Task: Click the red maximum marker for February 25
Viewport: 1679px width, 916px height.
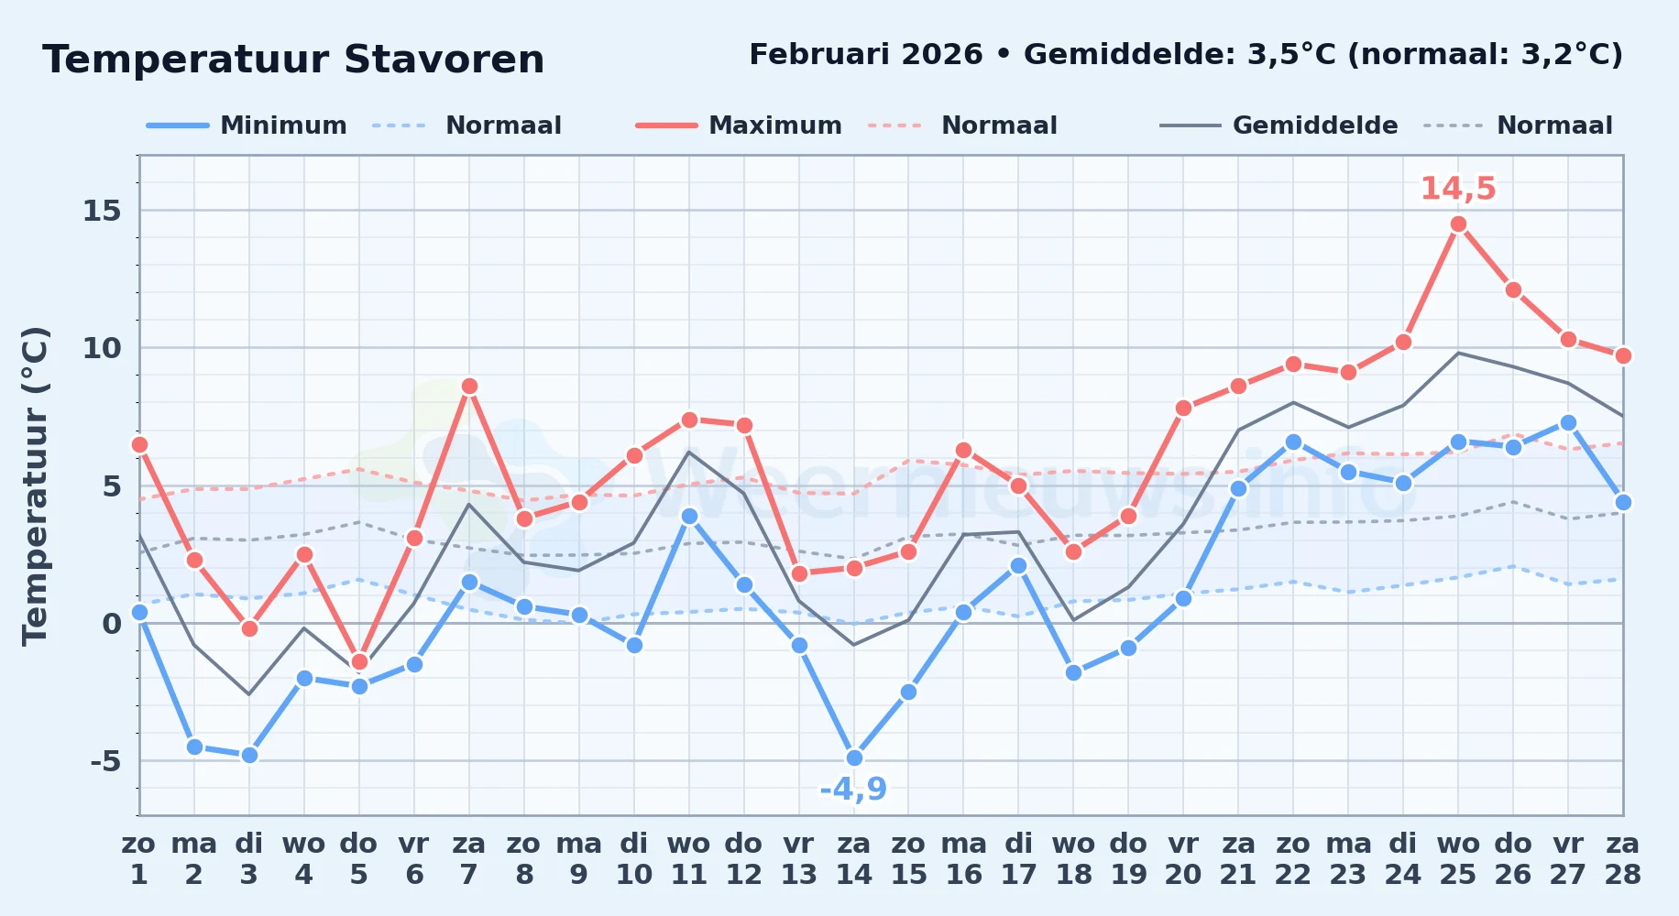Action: (1458, 224)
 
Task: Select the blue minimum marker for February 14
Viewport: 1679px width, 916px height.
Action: (854, 758)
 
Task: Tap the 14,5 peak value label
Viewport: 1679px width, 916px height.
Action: (1458, 189)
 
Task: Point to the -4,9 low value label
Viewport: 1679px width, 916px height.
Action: (853, 789)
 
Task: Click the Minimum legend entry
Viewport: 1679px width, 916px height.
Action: (247, 125)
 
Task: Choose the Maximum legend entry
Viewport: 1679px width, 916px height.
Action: (739, 125)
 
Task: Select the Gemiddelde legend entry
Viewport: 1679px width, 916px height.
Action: (1279, 125)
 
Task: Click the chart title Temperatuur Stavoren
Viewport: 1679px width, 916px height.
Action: (293, 60)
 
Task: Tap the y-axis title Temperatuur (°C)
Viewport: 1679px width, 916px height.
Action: (36, 485)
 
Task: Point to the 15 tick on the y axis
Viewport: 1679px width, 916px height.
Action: (102, 212)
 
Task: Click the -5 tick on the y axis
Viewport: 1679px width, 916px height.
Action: (105, 761)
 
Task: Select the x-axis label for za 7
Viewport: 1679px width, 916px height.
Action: (469, 859)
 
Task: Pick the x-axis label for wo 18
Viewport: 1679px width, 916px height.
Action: (1073, 859)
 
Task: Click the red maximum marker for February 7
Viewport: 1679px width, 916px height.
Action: (469, 387)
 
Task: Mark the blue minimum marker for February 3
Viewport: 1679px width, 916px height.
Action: (249, 755)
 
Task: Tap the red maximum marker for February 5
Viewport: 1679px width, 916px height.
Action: (359, 661)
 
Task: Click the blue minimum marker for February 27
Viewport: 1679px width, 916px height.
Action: (1568, 423)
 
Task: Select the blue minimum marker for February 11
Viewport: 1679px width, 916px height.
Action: (689, 517)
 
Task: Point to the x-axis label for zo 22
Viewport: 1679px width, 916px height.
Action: (1293, 859)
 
